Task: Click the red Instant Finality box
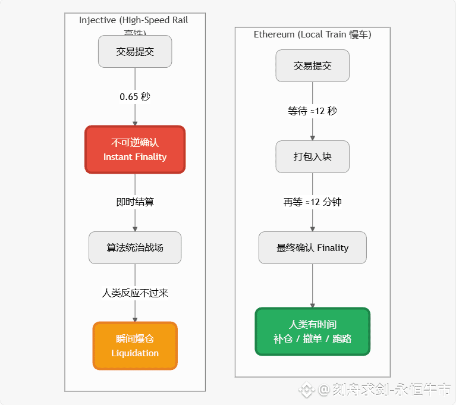[135, 149]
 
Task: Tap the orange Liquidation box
[135, 346]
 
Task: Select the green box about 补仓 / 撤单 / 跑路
[313, 331]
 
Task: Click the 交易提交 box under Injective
[135, 51]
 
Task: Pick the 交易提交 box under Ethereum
[313, 65]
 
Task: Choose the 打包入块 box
[313, 157]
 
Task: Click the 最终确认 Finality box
[313, 247]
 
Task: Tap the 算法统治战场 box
[135, 247]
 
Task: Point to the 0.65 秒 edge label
[135, 96]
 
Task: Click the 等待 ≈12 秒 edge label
[313, 111]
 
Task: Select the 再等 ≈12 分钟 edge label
[313, 202]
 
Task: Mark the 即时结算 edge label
[135, 202]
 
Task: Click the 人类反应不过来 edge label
[135, 293]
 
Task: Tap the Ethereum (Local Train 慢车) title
[313, 34]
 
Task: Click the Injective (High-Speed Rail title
[134, 20]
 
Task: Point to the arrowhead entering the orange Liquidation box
[135, 319]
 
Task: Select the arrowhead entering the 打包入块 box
[313, 137]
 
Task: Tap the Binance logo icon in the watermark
[306, 390]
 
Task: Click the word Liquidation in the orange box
[135, 353]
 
